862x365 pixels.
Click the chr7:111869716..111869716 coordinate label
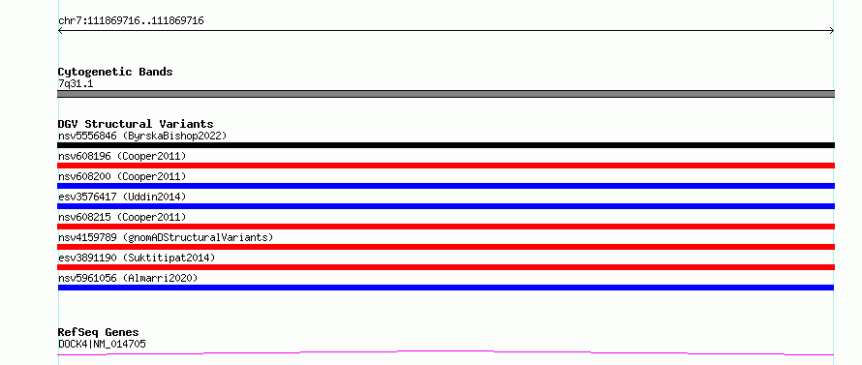click(131, 21)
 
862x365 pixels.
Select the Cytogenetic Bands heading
click(115, 72)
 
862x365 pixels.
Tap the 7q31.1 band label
click(76, 83)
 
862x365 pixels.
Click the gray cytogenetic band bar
click(446, 94)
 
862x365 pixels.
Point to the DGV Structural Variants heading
click(136, 124)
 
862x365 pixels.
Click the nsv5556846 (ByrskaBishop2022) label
click(142, 136)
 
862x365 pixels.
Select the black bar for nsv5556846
click(446, 145)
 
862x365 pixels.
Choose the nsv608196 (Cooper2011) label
click(122, 156)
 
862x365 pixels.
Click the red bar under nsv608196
click(446, 166)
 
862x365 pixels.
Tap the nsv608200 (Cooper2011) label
click(122, 176)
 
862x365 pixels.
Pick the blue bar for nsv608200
click(446, 186)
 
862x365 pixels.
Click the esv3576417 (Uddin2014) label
click(122, 197)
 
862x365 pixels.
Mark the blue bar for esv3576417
click(446, 206)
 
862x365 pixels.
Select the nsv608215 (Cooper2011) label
click(122, 217)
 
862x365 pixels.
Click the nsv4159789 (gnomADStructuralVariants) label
click(166, 237)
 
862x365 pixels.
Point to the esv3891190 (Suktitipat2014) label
click(137, 258)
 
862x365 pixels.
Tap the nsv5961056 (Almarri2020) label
click(128, 278)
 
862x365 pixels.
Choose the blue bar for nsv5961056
click(446, 288)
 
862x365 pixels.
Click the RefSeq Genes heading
click(98, 332)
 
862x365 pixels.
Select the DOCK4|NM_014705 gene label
click(102, 344)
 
